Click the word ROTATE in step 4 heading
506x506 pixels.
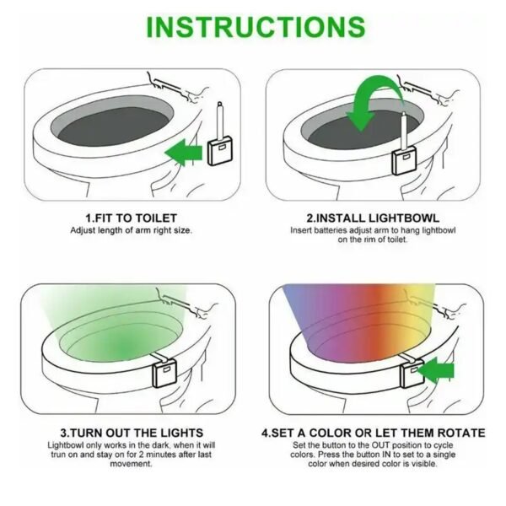tap(461, 433)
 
